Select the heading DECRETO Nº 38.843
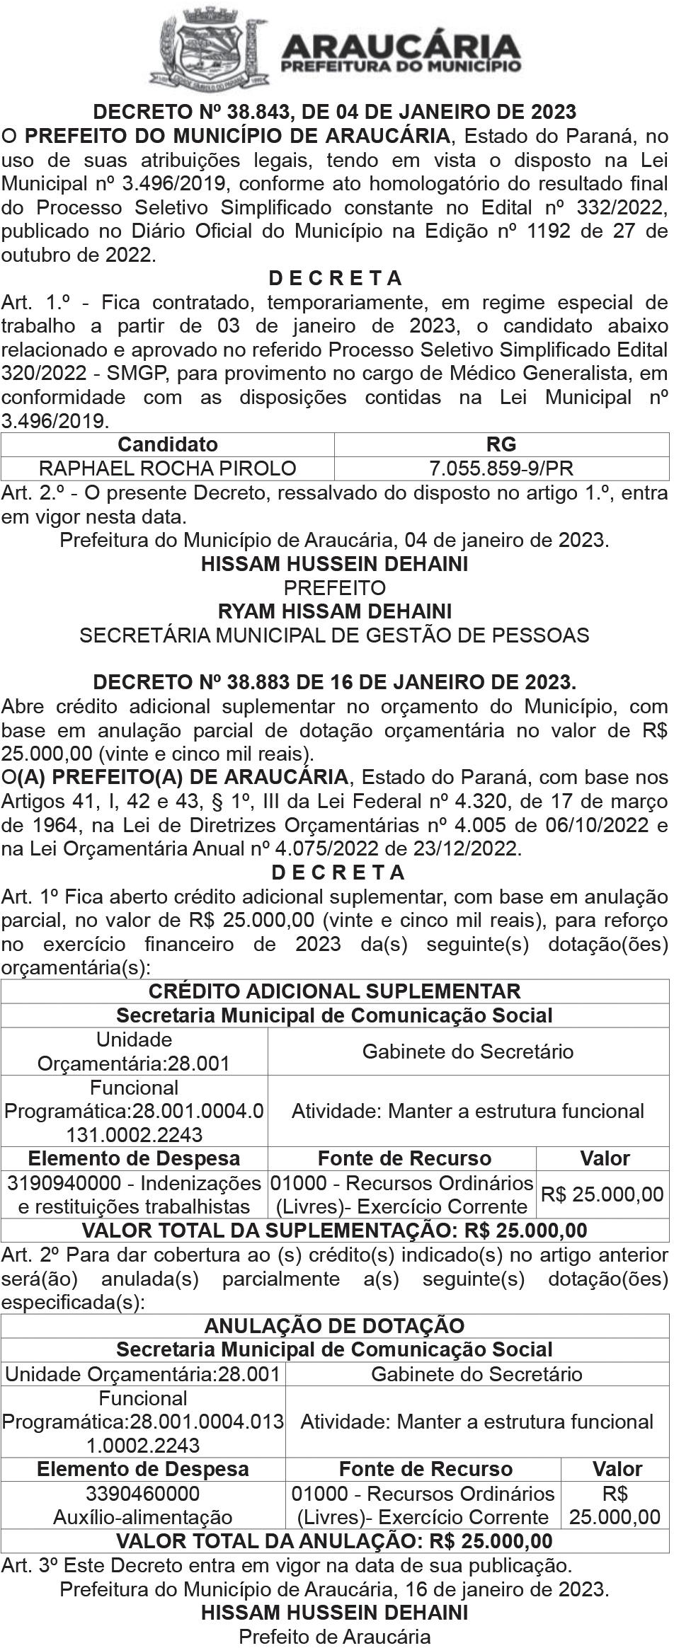pos(335,112)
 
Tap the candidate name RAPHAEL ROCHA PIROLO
pos(168,468)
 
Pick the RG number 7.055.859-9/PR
pos(501,468)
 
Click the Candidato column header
pos(168,444)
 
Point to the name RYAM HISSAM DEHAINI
pos(335,611)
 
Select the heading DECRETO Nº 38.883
pos(335,682)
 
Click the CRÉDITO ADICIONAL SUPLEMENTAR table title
pos(335,991)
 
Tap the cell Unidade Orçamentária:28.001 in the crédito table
pos(135,1051)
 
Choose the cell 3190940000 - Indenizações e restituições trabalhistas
pos(135,1194)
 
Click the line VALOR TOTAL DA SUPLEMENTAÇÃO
pos(335,1231)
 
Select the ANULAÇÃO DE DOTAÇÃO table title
pos(335,1326)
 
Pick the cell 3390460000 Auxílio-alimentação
pos(143,1505)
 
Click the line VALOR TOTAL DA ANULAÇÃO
pos(335,1540)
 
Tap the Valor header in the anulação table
pos(617,1469)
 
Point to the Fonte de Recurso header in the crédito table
pos(404,1158)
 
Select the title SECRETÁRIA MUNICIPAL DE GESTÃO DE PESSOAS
pos(335,635)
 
